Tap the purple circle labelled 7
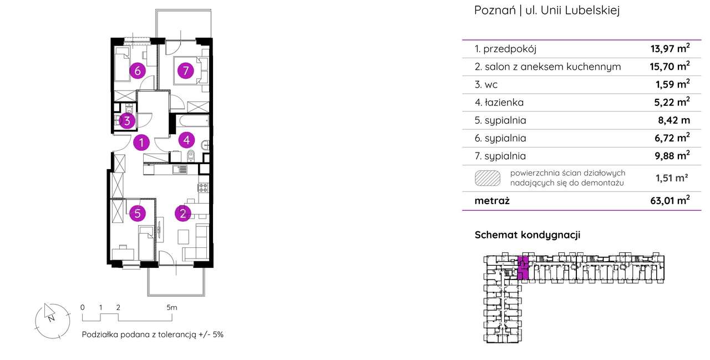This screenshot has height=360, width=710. point(185,70)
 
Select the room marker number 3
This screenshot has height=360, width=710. point(126,121)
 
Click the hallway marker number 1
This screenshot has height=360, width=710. point(142,143)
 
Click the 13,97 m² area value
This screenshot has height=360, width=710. point(670,49)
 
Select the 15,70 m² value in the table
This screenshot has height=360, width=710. point(670,67)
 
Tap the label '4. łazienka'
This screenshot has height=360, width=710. point(499,102)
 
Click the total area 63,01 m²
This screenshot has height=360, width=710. point(670,201)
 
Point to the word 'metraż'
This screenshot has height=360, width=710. point(492,201)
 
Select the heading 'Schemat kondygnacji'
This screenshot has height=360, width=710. point(527,235)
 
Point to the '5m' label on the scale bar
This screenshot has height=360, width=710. point(171,307)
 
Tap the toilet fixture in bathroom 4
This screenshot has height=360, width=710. point(191,155)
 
